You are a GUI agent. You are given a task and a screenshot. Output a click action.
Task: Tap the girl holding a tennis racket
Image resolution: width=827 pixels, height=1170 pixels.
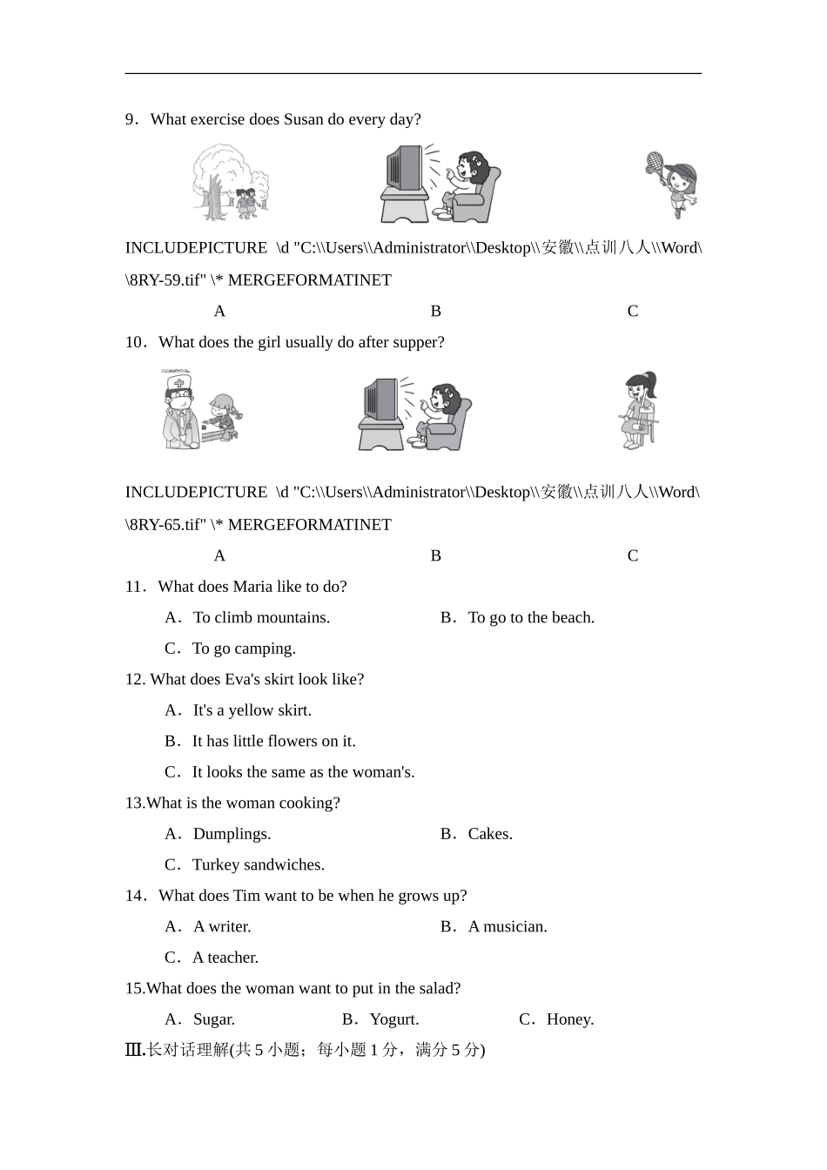675,184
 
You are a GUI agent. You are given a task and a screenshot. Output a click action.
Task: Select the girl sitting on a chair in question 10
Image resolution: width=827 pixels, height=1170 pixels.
640,410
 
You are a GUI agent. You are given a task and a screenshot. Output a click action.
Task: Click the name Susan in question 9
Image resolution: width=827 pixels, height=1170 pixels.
304,119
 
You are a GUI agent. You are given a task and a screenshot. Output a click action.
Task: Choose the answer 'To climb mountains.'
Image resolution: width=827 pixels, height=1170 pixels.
261,617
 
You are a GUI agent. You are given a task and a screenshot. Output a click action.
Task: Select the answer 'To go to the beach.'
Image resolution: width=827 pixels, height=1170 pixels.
531,617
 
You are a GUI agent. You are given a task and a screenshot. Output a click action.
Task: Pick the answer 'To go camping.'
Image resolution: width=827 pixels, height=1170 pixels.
244,649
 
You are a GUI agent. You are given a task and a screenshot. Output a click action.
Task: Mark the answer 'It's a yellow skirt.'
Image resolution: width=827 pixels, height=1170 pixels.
252,710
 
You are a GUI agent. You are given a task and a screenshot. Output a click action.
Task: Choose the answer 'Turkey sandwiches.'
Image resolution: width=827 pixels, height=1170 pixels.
258,864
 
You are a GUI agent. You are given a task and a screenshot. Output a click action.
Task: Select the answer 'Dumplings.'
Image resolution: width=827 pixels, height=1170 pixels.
232,834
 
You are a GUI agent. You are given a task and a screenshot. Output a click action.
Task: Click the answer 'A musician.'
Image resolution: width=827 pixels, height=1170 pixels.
508,926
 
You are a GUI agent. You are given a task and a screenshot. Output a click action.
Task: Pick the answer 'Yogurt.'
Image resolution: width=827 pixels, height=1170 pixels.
393,1019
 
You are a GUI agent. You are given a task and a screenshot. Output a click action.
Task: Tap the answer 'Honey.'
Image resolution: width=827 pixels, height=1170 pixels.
570,1019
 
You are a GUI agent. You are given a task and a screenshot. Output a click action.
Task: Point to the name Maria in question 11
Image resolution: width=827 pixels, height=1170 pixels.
253,587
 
